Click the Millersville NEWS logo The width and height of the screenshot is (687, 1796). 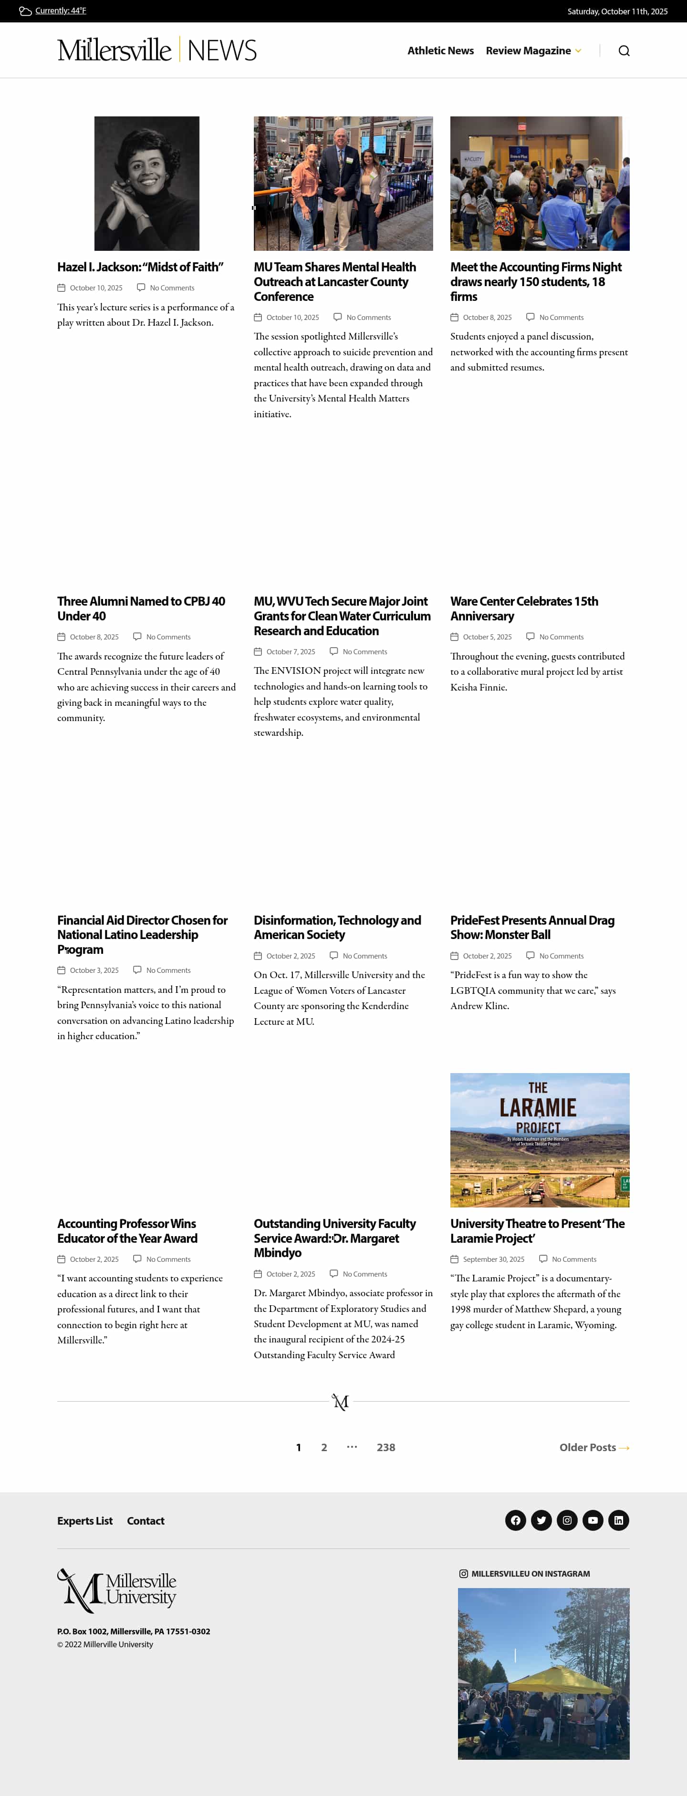[157, 50]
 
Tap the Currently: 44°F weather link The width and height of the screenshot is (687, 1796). [60, 11]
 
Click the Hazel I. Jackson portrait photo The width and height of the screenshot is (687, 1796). [146, 183]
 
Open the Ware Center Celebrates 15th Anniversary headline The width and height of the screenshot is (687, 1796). [524, 609]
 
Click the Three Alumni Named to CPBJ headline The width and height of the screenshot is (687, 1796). [141, 609]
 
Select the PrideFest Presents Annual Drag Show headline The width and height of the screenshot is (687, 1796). [531, 927]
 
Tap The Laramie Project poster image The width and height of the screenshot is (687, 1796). [539, 1140]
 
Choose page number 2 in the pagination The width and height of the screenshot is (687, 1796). [323, 1447]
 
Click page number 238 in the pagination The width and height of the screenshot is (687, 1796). [385, 1447]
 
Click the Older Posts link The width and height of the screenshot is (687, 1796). [593, 1447]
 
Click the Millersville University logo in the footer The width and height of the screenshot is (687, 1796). [116, 1591]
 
